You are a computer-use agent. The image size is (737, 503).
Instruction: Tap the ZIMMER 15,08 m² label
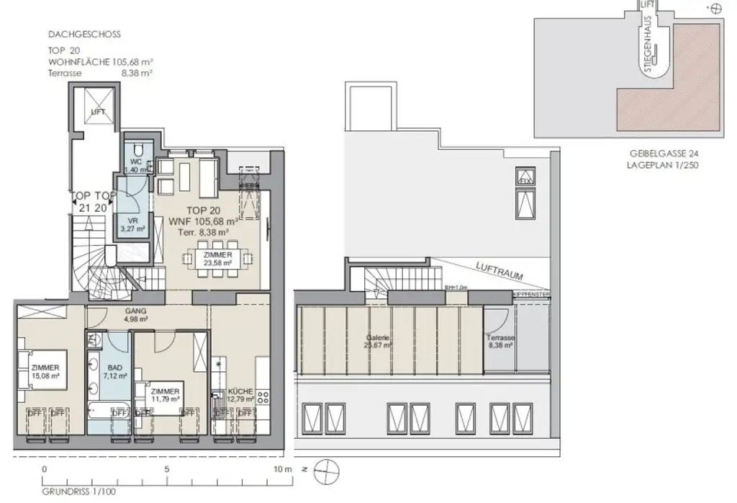click(x=44, y=370)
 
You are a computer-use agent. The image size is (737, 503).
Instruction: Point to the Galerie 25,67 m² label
click(x=377, y=341)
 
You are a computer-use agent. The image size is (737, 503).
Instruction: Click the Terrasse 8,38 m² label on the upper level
click(x=499, y=341)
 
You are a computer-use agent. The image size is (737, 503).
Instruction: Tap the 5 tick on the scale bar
click(x=167, y=468)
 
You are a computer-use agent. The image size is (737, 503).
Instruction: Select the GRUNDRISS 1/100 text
click(x=68, y=492)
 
